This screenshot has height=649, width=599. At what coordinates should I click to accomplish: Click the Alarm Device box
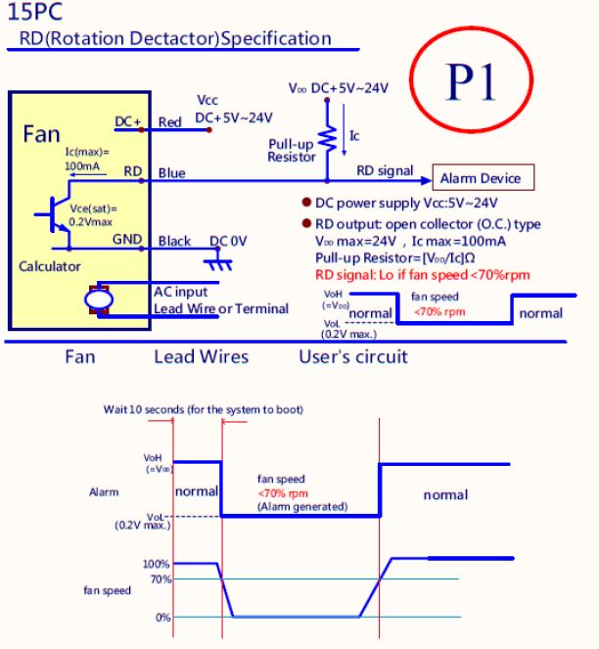(x=484, y=177)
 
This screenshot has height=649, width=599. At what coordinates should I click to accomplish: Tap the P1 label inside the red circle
(x=470, y=82)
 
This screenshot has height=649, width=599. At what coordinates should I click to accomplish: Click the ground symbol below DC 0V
(x=218, y=262)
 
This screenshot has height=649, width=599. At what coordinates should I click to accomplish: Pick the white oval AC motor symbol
(x=99, y=300)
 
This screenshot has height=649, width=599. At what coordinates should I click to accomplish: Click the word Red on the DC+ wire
(x=169, y=122)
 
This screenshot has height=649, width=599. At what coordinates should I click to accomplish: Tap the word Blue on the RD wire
(x=172, y=173)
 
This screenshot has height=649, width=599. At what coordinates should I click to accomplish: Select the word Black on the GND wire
(x=174, y=241)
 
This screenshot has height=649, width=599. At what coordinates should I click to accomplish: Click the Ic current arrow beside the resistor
(x=344, y=130)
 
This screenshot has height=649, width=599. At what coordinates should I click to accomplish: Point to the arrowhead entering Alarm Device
(x=426, y=180)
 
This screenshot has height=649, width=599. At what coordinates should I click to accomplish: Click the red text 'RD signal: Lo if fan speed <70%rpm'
(x=423, y=275)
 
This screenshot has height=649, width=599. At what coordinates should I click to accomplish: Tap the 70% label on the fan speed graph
(x=161, y=579)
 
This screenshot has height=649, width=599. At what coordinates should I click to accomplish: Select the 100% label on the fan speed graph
(x=156, y=564)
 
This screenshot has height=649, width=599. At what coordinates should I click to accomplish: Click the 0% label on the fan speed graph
(x=163, y=618)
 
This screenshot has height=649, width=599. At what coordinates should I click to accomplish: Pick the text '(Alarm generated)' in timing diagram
(x=302, y=507)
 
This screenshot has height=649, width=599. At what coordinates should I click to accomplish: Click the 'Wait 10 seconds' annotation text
(x=204, y=409)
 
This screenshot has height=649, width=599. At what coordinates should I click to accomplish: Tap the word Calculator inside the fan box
(x=50, y=266)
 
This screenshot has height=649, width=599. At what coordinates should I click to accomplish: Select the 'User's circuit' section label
(x=353, y=356)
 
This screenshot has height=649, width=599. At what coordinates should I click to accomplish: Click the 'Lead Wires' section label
(x=202, y=356)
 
